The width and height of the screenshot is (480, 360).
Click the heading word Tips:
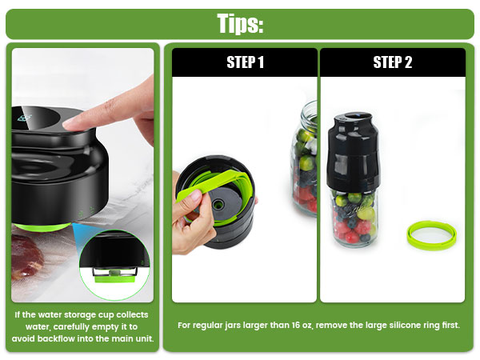[x=240, y=23]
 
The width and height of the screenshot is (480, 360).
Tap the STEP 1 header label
[x=245, y=62]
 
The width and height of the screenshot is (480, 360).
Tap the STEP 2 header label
[x=392, y=62]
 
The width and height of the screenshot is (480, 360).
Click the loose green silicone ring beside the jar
[x=433, y=233]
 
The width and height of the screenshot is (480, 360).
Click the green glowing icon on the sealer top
[x=26, y=119]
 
